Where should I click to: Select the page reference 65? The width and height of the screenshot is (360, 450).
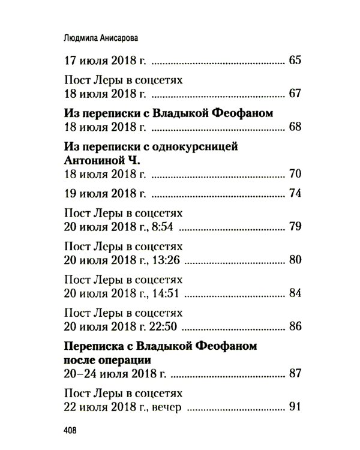(x=294, y=61)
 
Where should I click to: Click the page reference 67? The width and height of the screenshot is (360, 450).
(x=294, y=94)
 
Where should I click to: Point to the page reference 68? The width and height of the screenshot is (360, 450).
(x=294, y=127)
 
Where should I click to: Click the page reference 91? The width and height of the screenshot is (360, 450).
(x=294, y=408)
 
